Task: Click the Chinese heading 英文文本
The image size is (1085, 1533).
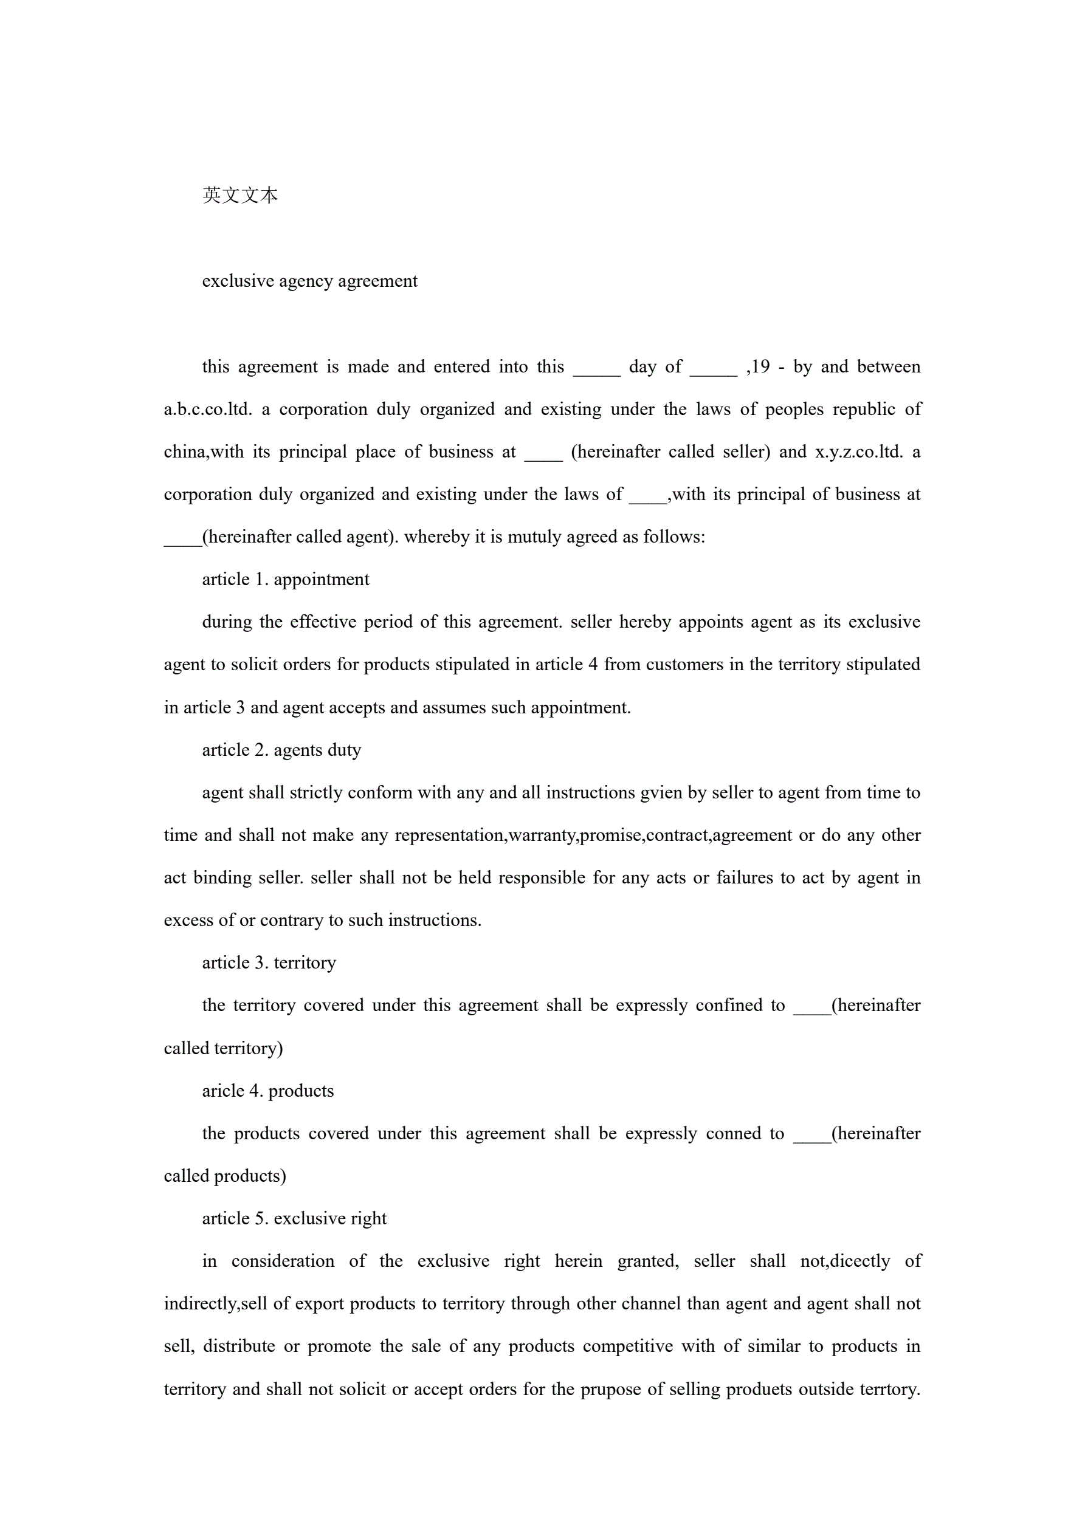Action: point(240,195)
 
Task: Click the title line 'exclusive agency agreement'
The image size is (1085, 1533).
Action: point(309,281)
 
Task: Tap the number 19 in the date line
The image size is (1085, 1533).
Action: point(761,366)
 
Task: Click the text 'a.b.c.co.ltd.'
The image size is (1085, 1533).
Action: point(208,410)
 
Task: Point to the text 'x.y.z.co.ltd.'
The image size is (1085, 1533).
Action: point(858,452)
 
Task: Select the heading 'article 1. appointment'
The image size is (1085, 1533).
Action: point(285,580)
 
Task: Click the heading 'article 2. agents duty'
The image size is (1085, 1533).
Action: point(281,750)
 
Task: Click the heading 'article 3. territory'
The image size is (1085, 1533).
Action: point(269,963)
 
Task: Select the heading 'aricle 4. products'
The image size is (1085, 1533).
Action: point(268,1091)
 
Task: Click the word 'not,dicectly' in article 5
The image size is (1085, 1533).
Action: point(844,1261)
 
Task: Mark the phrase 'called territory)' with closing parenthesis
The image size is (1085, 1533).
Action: point(223,1048)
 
